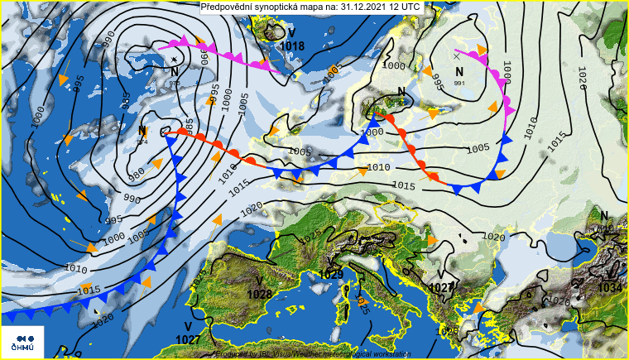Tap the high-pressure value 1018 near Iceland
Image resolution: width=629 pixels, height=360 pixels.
tap(292, 46)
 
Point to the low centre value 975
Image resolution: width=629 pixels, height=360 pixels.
tap(175, 84)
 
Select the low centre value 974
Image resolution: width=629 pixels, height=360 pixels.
tap(142, 142)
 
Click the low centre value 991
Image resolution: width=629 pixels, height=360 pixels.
tap(460, 83)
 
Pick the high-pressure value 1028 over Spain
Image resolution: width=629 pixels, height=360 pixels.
tap(259, 294)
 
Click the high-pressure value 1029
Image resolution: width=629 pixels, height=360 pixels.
tap(330, 274)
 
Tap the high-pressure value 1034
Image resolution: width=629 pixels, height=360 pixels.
tap(610, 287)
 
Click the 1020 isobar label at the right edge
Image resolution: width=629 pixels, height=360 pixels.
tap(582, 80)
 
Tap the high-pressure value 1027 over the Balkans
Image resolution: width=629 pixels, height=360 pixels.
tap(441, 287)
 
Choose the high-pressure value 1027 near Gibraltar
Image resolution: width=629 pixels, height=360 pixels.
tap(189, 339)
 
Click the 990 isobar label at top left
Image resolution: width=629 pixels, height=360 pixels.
tap(108, 37)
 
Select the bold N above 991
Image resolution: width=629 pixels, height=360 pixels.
tap(460, 72)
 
